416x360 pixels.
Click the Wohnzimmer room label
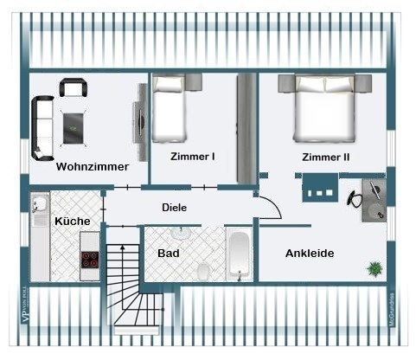(93, 166)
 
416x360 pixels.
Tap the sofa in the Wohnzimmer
(41, 127)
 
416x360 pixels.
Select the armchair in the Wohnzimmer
(73, 87)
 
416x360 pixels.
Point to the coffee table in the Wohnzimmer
(74, 127)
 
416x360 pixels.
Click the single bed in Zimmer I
(170, 110)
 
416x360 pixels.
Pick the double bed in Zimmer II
(323, 109)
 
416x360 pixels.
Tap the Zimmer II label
(326, 157)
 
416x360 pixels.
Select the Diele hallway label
(175, 208)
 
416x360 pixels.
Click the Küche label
(73, 222)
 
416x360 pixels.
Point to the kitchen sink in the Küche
(39, 205)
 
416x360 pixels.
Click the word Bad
(169, 254)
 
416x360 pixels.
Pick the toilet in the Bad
(204, 271)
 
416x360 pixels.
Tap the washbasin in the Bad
(182, 233)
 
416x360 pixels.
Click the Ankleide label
(310, 254)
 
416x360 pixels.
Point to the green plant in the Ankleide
(374, 269)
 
